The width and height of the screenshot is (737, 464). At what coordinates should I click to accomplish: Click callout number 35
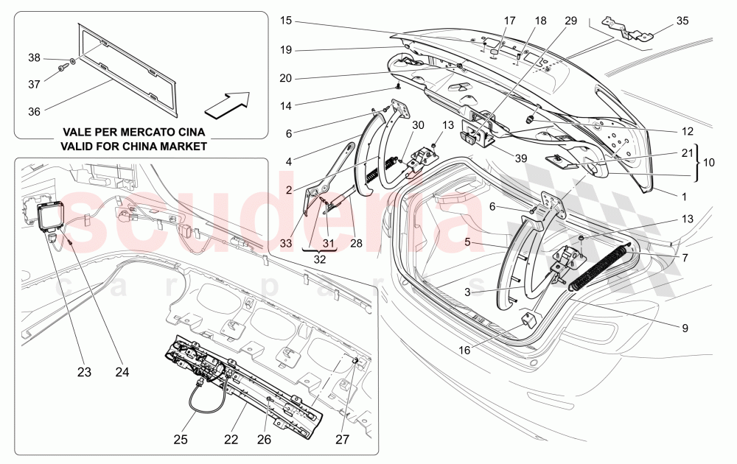pos(682,21)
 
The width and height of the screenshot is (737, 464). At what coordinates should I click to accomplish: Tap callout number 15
pos(286,21)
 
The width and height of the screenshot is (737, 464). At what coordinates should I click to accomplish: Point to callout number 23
pos(84,373)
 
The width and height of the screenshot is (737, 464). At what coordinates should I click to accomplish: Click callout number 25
pos(181,440)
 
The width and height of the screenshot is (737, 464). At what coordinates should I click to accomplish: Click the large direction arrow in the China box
pos(227,104)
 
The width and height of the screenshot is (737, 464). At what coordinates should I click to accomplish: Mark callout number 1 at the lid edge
pos(685,197)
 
